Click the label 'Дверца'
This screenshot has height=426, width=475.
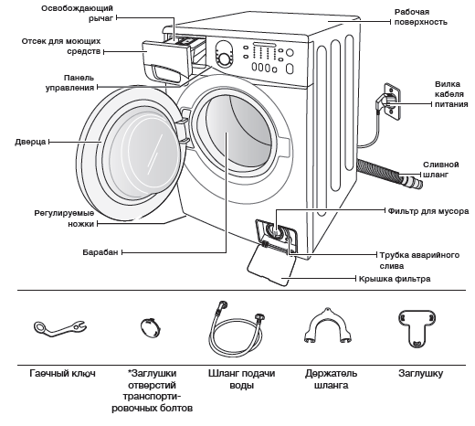click(30, 142)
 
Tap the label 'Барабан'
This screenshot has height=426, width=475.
click(100, 252)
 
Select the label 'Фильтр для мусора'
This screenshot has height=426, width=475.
click(428, 211)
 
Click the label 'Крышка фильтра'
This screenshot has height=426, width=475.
click(395, 279)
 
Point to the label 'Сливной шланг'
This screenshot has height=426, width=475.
click(440, 169)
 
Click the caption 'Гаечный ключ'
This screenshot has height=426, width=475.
click(62, 373)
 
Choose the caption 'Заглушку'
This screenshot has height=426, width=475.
click(420, 373)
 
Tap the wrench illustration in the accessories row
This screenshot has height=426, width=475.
click(59, 328)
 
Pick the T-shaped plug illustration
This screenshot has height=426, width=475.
click(417, 328)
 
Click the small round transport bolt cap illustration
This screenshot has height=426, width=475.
click(151, 327)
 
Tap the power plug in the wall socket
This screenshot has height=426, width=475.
click(383, 101)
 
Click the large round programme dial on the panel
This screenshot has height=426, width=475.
click(225, 59)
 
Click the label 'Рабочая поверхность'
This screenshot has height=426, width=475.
click(421, 16)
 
